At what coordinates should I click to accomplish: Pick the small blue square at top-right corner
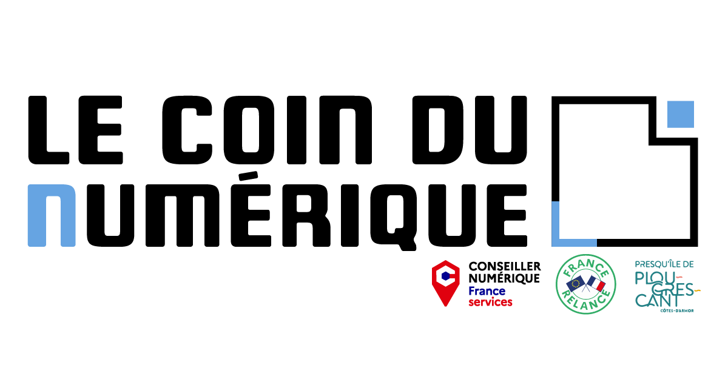click(680, 115)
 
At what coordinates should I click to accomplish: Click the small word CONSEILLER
click(504, 267)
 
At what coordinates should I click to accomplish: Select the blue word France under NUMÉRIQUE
click(487, 290)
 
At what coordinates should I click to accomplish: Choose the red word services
click(490, 302)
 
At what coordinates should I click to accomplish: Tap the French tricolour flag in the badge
click(596, 284)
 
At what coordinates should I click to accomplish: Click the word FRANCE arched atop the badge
click(586, 267)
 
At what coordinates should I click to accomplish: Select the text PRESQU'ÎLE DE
click(664, 264)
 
